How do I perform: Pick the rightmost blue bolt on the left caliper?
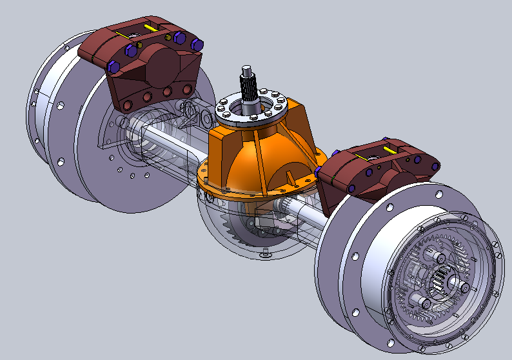click(x=197, y=45)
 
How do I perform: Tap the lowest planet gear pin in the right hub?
click(x=423, y=302)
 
